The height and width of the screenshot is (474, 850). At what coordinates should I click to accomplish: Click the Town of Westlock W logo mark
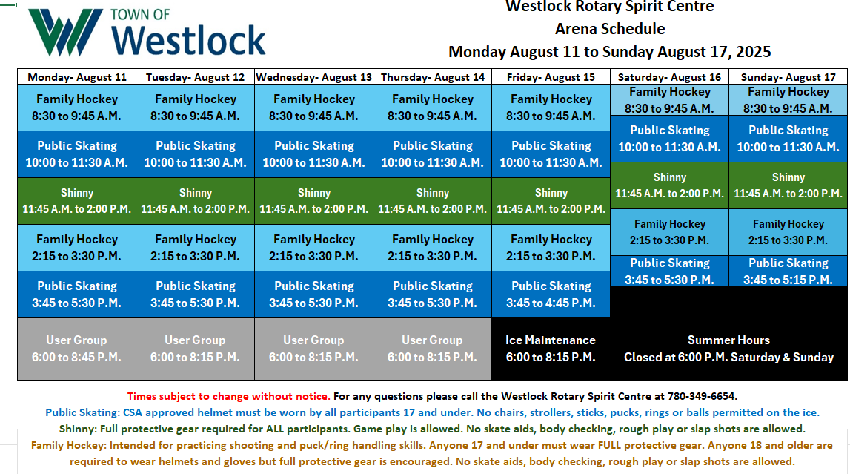[66, 32]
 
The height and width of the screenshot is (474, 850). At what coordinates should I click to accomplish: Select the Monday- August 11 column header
[77, 77]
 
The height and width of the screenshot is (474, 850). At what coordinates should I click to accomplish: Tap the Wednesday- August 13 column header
[314, 77]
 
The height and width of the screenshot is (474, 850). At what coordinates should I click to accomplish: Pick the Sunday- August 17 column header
[788, 77]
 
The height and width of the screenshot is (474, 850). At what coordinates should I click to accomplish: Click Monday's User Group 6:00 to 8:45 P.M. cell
[76, 349]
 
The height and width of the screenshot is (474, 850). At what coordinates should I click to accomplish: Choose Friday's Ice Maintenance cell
[551, 349]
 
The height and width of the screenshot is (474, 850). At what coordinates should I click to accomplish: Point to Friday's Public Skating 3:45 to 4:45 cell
[551, 294]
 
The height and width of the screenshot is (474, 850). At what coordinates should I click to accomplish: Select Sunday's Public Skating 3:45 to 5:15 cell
[788, 271]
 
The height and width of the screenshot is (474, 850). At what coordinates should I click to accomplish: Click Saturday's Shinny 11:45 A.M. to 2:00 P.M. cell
[669, 185]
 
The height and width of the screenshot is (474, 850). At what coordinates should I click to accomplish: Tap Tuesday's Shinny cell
[195, 201]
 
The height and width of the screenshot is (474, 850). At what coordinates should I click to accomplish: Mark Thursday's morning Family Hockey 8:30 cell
[433, 108]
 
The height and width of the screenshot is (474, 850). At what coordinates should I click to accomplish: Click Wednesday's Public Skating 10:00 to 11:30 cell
[314, 154]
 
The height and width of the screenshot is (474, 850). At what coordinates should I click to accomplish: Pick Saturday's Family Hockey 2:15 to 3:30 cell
[669, 231]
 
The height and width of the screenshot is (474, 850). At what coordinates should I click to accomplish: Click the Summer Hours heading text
[728, 340]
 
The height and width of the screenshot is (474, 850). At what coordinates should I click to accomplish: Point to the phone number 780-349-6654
[702, 396]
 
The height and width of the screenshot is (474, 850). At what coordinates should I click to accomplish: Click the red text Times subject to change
[228, 396]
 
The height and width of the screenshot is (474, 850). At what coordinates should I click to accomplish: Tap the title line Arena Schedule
[610, 29]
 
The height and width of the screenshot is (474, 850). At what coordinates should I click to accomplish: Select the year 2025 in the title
[753, 52]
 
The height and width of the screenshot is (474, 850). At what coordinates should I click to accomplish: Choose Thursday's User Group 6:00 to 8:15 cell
[433, 349]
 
